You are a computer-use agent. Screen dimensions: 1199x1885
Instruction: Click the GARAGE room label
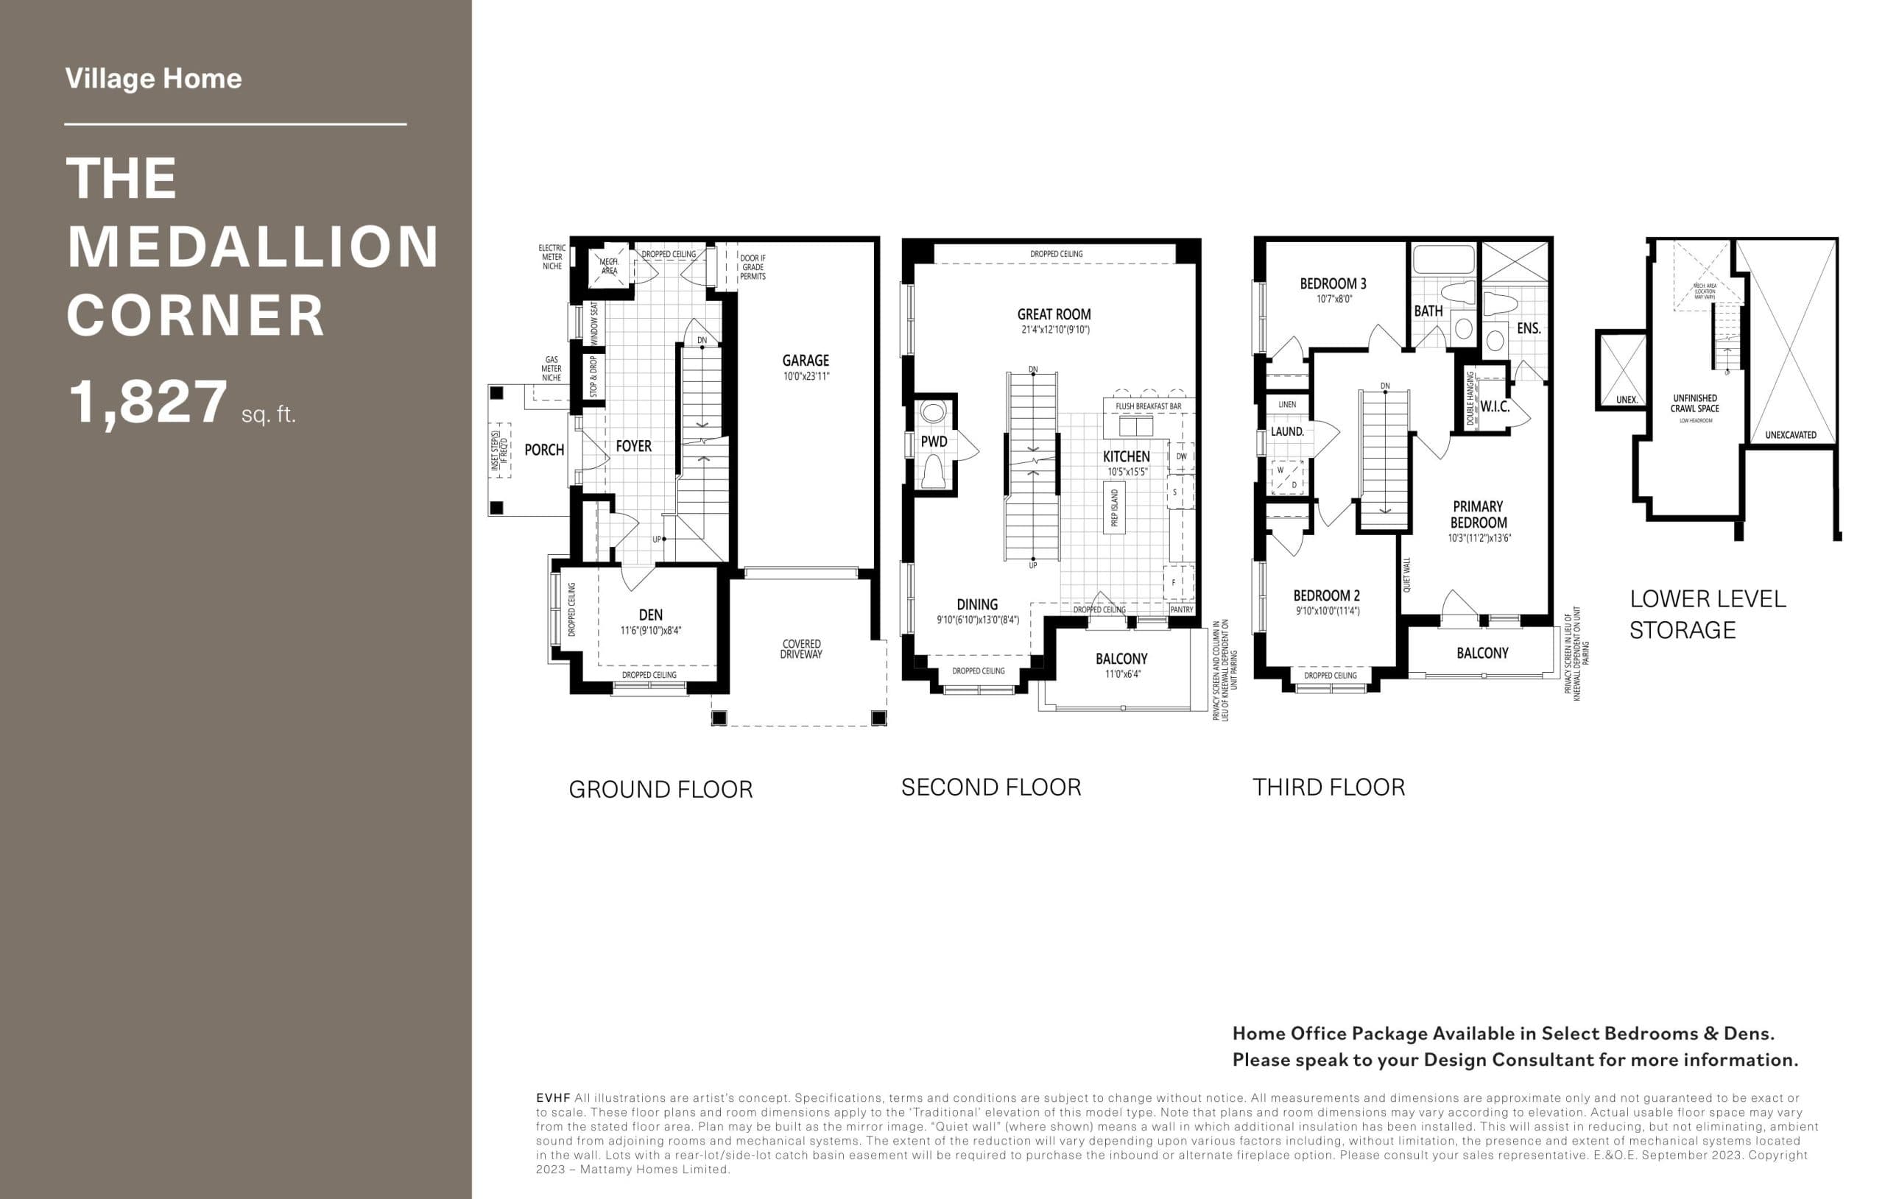click(806, 361)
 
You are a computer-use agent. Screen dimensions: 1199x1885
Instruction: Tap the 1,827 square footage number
click(148, 403)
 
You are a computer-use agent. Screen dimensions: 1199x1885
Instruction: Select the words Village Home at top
click(153, 78)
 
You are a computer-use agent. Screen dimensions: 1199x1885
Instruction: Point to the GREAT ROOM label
click(1054, 314)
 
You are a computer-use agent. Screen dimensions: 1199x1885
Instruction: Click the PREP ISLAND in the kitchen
click(1114, 508)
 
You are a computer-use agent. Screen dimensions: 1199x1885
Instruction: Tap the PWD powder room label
click(934, 442)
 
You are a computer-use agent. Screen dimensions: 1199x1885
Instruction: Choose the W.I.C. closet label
click(1495, 407)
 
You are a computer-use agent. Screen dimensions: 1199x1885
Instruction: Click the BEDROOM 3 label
click(1333, 284)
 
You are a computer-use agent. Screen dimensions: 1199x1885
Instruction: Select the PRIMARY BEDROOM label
click(1478, 515)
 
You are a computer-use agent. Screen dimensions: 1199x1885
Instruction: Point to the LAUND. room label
click(1287, 432)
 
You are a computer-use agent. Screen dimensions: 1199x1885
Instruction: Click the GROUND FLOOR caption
click(660, 790)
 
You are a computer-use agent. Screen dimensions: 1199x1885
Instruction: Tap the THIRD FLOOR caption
click(1328, 788)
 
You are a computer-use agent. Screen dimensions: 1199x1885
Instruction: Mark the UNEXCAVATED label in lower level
click(1790, 435)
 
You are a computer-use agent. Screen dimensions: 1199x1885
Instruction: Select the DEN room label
click(650, 615)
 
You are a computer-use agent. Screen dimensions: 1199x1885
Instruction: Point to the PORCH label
click(544, 450)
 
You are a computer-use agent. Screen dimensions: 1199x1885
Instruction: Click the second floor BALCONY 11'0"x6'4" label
click(1121, 659)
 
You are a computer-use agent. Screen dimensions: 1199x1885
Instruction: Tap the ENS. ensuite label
click(1528, 329)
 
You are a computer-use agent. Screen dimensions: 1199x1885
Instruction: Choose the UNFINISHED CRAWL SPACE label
click(1695, 404)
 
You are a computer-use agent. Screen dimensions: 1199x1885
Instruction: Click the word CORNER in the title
click(196, 316)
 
